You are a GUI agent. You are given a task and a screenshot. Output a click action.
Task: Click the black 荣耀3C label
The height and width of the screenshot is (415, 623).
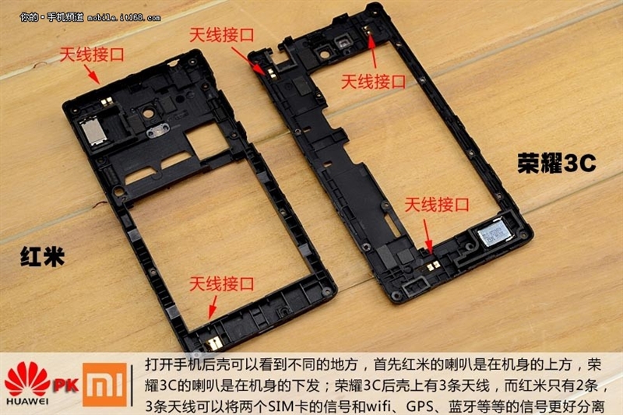pos(556,163)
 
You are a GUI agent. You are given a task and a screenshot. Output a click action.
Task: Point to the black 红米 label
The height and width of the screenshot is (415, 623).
pos(41,259)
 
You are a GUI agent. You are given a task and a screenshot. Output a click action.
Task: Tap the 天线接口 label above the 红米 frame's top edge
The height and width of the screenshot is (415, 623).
pos(93,52)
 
